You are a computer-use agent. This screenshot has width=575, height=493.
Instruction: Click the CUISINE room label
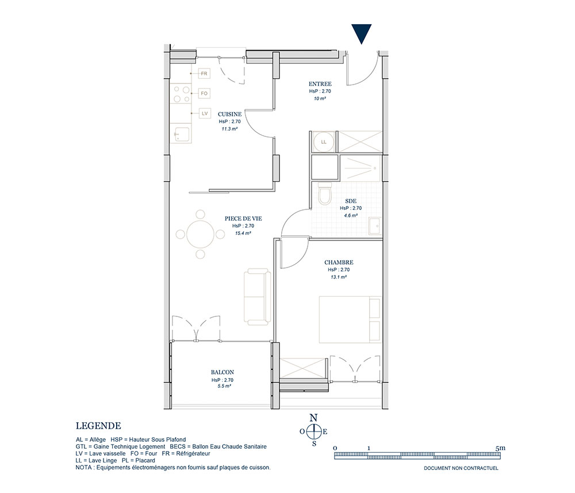point(229,114)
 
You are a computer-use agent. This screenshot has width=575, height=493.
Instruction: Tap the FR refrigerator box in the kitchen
point(204,74)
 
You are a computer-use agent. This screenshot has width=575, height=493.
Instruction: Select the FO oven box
point(204,94)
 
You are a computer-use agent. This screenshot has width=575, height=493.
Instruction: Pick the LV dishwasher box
point(205,113)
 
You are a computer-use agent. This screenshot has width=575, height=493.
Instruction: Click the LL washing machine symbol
point(324,142)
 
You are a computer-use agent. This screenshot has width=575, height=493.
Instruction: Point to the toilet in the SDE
point(324,193)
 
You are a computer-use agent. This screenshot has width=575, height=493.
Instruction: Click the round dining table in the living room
point(200,234)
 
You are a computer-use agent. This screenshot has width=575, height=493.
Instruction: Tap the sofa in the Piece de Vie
point(258,297)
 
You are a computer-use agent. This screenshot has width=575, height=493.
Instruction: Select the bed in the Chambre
point(350,319)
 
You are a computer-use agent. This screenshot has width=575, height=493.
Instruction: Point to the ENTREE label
point(320,84)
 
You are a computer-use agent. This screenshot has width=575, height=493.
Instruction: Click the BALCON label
point(222,372)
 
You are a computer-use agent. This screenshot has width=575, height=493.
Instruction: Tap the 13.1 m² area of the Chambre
point(339,277)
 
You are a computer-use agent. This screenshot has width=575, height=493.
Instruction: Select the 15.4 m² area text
point(243,233)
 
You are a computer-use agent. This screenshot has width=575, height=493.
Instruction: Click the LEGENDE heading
point(98,426)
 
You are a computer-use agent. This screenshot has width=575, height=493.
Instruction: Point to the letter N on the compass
point(313,418)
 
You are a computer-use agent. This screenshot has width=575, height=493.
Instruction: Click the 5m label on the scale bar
point(500,448)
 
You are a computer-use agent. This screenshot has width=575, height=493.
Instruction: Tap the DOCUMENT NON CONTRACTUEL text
point(461,468)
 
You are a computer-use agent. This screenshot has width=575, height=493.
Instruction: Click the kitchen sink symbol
point(182,135)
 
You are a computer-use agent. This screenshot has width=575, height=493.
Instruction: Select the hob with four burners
point(181,94)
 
